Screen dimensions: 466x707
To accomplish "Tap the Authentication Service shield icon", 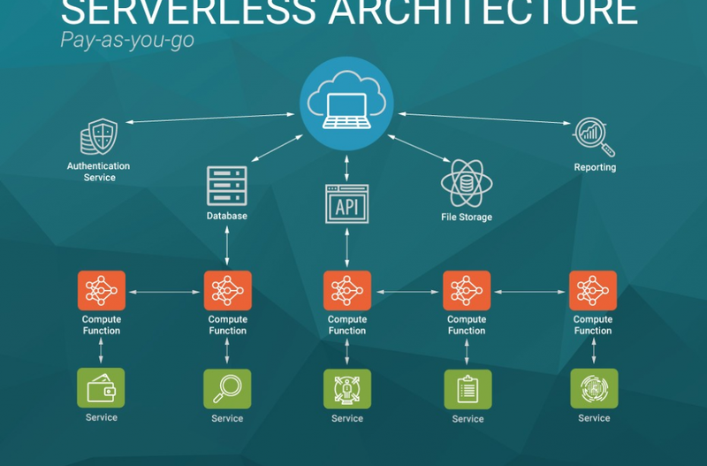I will (98, 137).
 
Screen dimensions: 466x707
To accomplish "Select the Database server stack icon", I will (227, 186).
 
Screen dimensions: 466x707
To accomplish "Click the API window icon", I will (346, 205).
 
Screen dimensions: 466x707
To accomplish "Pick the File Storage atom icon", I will (467, 183).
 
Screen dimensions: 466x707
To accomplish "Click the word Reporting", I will (595, 167).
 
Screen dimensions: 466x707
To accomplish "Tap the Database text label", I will (227, 216).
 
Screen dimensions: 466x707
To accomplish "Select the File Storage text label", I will (467, 217).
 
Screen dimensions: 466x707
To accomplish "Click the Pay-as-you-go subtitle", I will (127, 40).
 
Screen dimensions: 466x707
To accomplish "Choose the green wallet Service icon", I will (101, 388).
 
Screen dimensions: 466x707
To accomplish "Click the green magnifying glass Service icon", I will (227, 388).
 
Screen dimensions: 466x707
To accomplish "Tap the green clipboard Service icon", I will (468, 389).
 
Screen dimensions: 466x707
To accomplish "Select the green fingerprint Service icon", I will (594, 388).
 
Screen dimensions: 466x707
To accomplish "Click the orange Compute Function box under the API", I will (346, 290).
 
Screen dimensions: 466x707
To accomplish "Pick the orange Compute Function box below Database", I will (227, 290).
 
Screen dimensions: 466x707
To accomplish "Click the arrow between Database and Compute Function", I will (227, 246).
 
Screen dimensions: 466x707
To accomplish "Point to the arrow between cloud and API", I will (346, 166).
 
